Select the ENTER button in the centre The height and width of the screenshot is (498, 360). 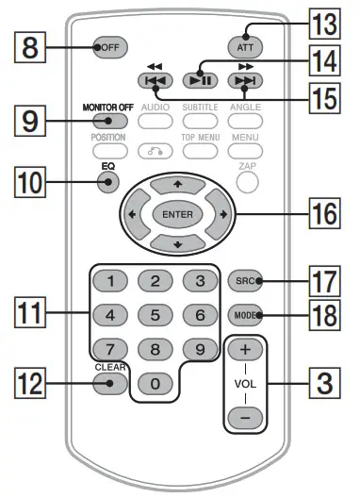pyautogui.click(x=177, y=214)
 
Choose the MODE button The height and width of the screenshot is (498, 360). pyautogui.click(x=250, y=316)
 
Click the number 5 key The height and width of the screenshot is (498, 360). pyautogui.click(x=155, y=315)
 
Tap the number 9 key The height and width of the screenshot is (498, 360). pyautogui.click(x=198, y=350)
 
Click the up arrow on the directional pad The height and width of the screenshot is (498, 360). pyautogui.click(x=177, y=180)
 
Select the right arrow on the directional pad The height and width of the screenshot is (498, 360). pyautogui.click(x=222, y=214)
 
